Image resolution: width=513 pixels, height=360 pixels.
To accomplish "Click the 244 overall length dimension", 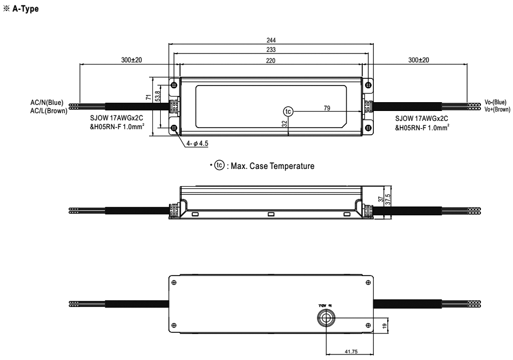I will coord(271,40).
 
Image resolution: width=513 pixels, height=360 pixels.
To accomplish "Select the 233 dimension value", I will coord(271,50).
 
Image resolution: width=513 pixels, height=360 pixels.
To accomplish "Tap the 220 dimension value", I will coord(271,60).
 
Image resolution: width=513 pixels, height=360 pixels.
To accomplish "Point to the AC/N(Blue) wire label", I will coord(47,103).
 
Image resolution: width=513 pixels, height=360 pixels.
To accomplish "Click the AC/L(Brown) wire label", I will coord(49,110).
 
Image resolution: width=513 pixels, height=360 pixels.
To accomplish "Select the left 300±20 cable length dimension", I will coord(131,60).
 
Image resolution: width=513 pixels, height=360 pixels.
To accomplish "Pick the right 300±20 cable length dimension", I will coord(418,60).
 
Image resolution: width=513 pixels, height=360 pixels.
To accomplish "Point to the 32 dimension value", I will coord(284,124).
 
